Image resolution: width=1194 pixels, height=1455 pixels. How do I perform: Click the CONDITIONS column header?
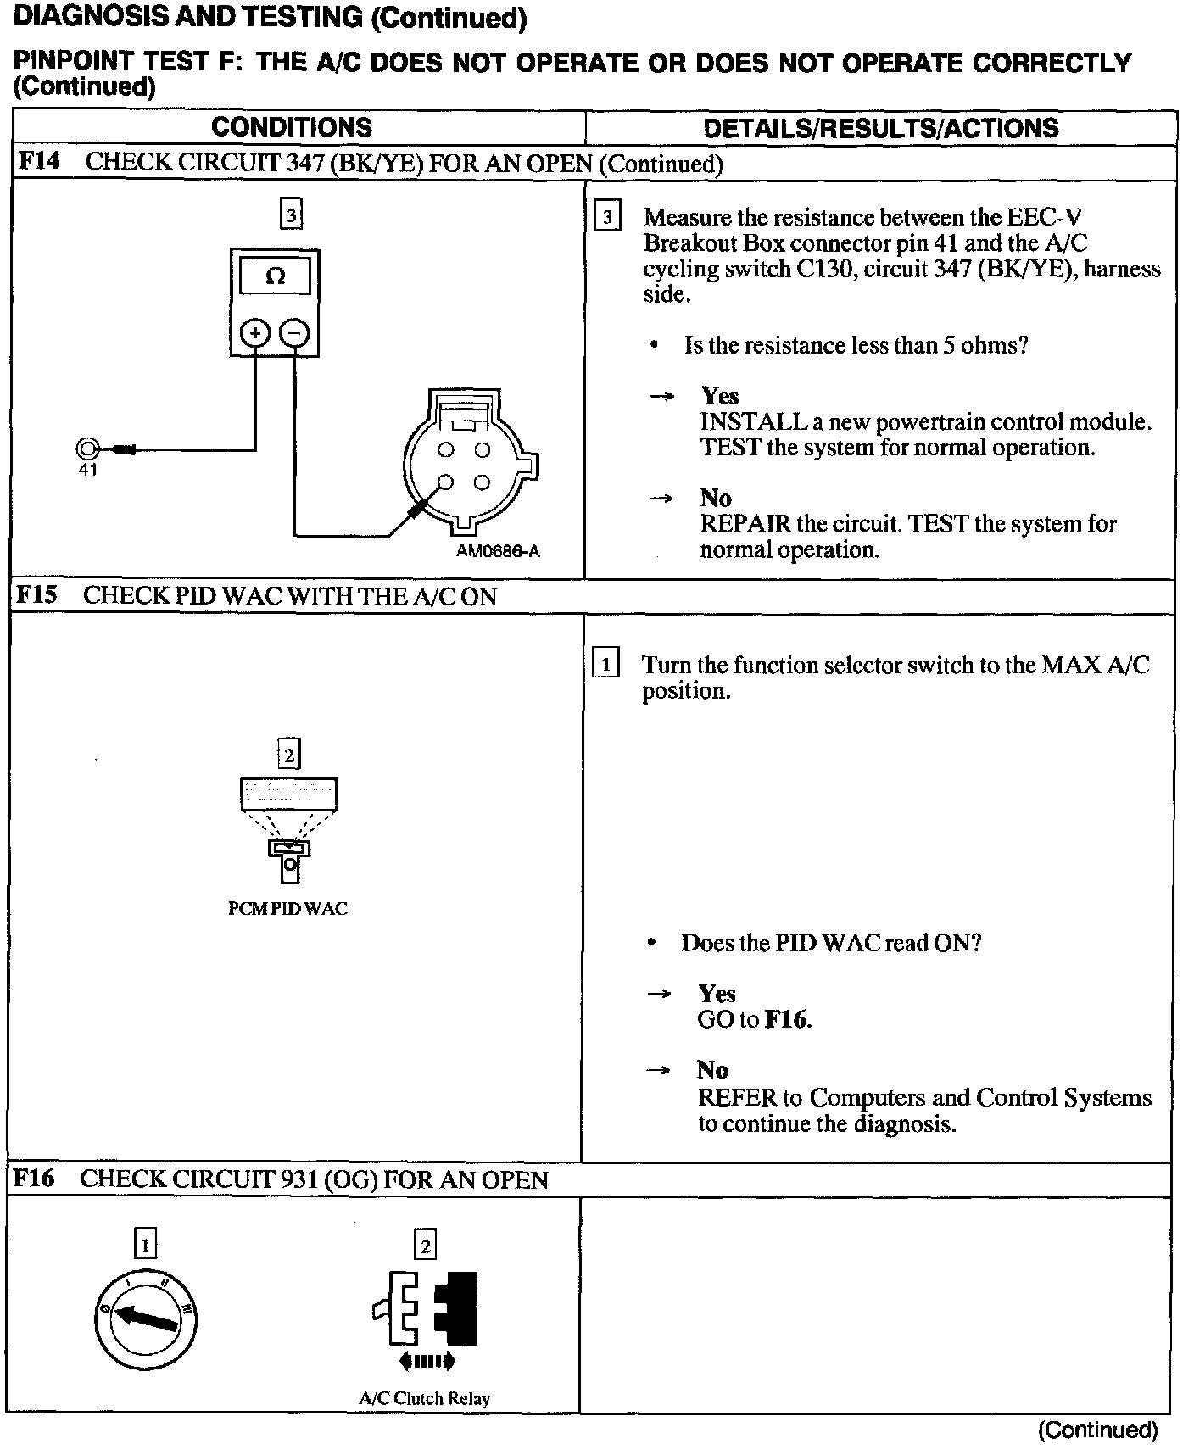291,127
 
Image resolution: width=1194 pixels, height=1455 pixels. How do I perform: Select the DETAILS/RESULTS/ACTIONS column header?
880,128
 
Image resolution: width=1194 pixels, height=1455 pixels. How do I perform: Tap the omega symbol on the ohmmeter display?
275,276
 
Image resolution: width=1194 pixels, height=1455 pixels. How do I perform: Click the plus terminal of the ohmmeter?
255,332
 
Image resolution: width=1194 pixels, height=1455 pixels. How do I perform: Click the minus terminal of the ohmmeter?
294,332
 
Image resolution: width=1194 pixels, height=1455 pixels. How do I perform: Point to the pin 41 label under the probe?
88,470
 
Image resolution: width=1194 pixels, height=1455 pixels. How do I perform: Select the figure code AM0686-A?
498,551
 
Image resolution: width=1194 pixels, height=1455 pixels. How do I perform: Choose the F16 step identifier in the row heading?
34,1179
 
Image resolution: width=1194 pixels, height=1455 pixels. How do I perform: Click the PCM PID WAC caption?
288,909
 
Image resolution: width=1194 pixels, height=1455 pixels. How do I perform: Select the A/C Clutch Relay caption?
424,1398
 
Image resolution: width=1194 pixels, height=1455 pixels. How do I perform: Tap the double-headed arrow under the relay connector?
427,1362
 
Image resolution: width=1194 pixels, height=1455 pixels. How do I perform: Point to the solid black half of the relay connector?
458,1307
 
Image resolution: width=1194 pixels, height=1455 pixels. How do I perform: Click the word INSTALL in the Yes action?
742,421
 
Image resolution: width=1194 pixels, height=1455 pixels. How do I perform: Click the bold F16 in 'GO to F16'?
786,1019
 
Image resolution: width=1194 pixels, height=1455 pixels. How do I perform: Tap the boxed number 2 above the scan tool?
289,754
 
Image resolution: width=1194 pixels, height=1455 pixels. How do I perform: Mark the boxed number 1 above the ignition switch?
146,1245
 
